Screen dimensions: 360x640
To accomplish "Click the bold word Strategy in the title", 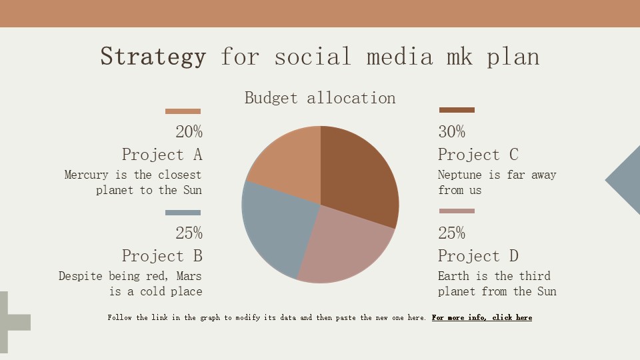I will [153, 57].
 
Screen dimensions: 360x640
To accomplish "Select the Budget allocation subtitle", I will [320, 98].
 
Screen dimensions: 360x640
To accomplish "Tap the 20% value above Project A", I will [189, 132].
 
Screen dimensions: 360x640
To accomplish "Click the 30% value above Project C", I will [451, 132].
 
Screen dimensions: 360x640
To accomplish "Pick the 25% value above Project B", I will [189, 233].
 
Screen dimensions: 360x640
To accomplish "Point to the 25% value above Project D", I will [451, 233].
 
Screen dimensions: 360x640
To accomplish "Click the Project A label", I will [162, 155].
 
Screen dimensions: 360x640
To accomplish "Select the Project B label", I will [162, 256].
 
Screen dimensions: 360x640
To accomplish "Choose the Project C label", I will [477, 155].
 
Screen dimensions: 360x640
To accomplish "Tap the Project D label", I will [477, 256].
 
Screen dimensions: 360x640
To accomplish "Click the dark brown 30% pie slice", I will [360, 173].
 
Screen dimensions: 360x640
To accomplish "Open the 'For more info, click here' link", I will [481, 318].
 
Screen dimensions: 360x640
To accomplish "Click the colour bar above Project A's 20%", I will [183, 111].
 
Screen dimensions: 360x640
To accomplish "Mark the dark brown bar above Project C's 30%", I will [457, 110].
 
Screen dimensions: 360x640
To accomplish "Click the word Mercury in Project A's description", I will [86, 175].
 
